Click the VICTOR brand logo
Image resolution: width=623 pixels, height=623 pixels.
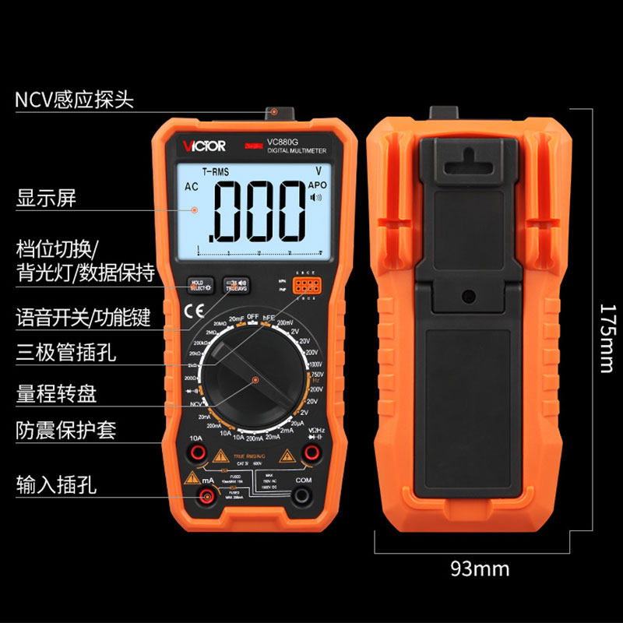click(x=205, y=146)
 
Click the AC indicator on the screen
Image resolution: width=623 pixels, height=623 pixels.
click(x=191, y=187)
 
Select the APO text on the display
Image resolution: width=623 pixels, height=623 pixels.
click(x=318, y=185)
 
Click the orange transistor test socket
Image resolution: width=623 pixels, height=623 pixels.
click(x=304, y=286)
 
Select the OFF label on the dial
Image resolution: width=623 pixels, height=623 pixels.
click(x=252, y=316)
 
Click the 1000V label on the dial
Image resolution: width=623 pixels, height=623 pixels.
click(x=315, y=364)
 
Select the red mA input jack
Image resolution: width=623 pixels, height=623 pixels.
click(x=197, y=498)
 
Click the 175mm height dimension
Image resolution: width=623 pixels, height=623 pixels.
click(x=608, y=338)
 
